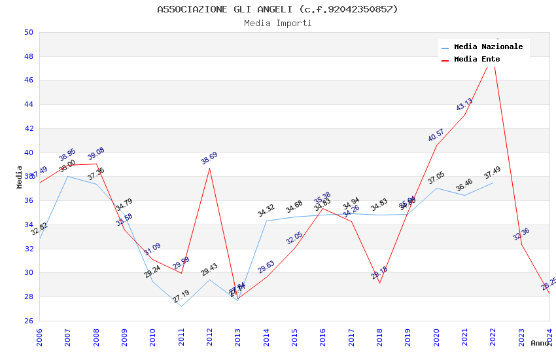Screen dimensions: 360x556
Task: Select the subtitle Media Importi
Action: (277, 23)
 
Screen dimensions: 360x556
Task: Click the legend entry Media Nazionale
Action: (488, 46)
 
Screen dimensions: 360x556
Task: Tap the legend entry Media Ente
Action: (477, 59)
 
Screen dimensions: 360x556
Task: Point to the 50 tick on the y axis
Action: (28, 32)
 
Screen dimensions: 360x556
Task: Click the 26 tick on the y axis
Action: (28, 321)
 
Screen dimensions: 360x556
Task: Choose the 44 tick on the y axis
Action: (28, 104)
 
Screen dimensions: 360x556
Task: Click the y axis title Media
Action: (20, 177)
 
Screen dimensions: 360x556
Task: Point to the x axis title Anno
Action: (540, 343)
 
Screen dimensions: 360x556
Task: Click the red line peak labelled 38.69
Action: (209, 168)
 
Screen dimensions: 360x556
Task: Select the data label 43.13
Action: (464, 105)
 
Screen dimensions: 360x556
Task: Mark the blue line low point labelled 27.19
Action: (181, 306)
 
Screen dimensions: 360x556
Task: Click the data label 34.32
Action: (266, 211)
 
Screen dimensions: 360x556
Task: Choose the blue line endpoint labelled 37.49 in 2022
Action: (493, 183)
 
